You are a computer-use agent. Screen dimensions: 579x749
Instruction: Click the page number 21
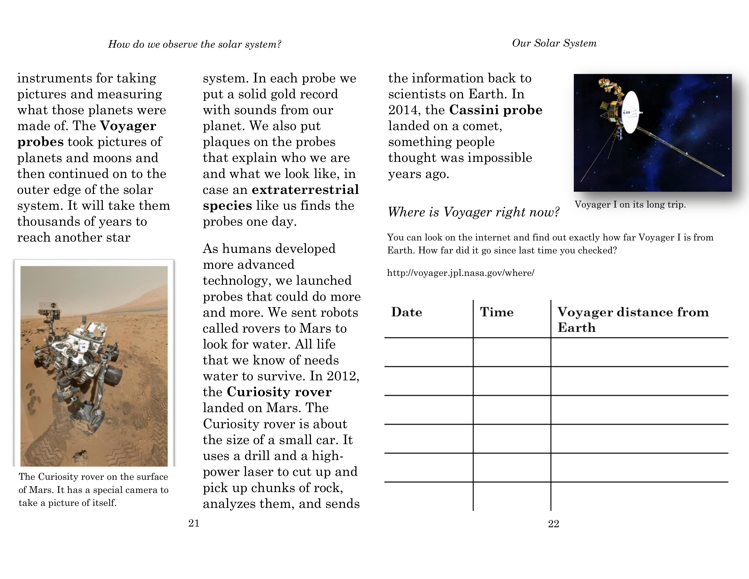pos(194,523)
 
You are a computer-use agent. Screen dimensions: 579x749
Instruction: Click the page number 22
pos(554,524)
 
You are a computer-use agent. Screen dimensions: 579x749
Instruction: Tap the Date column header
pos(407,312)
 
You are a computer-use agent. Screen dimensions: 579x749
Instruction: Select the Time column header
pos(497,312)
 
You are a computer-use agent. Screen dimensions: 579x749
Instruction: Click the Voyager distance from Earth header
pos(633,319)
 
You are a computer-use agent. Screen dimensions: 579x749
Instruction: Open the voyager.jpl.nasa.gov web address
pos(461,273)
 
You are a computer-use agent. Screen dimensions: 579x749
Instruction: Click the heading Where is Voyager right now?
pos(473,212)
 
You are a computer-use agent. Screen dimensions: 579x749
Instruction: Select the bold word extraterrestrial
pos(305,190)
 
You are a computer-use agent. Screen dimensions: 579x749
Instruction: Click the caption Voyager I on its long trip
pos(630,205)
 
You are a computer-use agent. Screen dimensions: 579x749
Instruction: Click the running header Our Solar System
pos(554,43)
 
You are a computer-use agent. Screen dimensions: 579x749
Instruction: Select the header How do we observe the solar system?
pos(195,44)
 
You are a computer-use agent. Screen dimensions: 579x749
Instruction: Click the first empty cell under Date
pos(429,352)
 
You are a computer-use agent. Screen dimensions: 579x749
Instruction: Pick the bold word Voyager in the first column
pos(128,126)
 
